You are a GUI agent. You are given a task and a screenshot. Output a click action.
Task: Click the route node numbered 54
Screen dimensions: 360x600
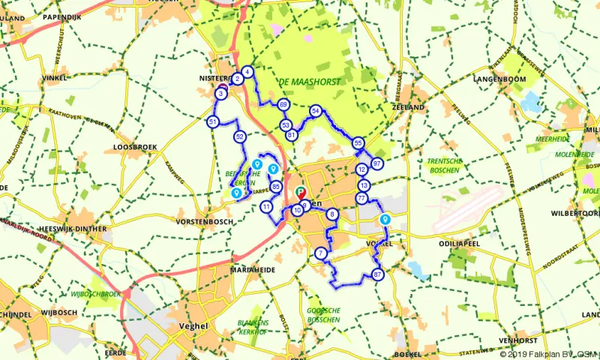316,111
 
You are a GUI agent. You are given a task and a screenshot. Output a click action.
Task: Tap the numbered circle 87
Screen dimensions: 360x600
377,275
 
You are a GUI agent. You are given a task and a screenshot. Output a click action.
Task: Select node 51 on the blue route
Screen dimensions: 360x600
213,121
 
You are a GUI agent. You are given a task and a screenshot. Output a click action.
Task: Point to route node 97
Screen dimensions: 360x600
377,163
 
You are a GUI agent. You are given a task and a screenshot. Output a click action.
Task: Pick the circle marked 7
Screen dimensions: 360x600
321,253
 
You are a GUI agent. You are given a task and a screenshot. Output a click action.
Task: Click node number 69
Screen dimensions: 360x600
283,104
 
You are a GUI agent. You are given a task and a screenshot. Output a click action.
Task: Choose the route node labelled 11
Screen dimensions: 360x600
267,206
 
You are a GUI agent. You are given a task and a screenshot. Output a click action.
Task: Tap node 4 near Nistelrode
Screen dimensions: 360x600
247,72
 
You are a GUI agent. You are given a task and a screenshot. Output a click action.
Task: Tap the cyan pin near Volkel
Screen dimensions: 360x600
385,219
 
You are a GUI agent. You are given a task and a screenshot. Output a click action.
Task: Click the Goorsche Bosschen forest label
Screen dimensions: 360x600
324,314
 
